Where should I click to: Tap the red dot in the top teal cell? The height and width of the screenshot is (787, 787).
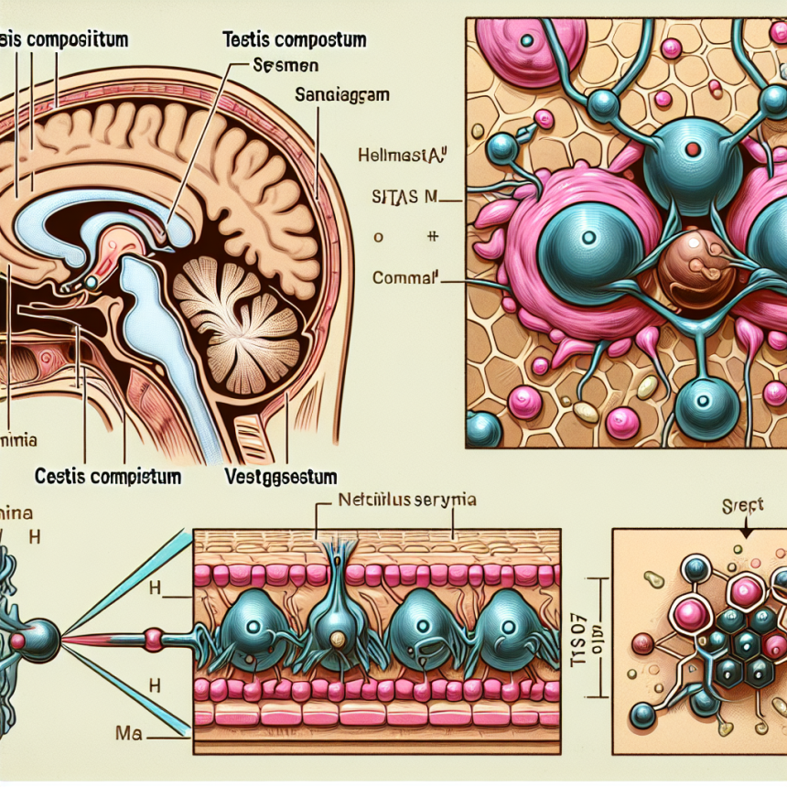pyautogui.click(x=693, y=149)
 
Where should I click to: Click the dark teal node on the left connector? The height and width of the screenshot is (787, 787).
pyautogui.click(x=42, y=633)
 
